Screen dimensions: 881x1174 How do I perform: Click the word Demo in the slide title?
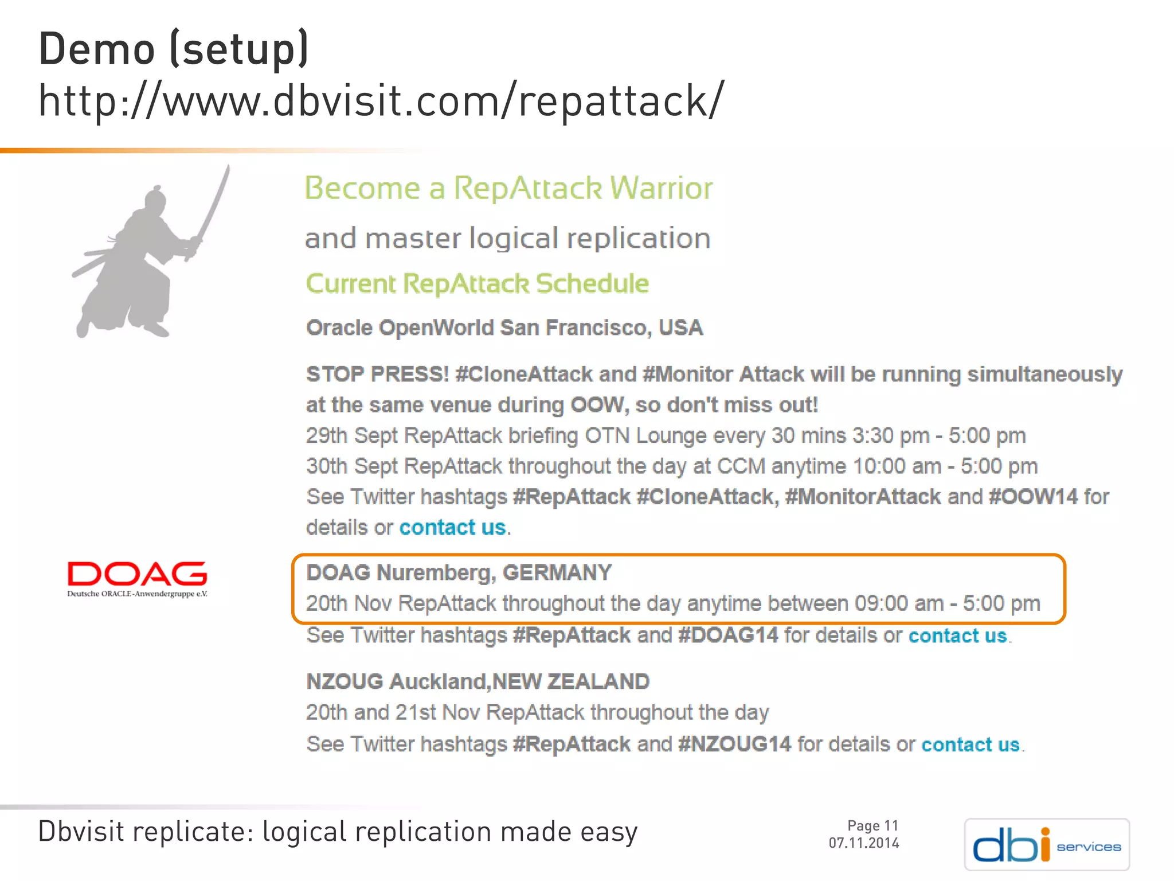[x=96, y=49]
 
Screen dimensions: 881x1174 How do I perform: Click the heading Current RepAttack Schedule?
[x=477, y=284]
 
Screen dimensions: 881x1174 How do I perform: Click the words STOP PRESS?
[x=377, y=375]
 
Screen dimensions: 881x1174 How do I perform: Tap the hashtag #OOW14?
[x=1033, y=497]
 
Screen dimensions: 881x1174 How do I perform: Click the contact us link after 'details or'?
[x=452, y=528]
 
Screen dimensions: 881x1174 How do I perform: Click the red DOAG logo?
[x=137, y=578]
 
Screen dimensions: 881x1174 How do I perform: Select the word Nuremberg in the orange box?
[x=436, y=573]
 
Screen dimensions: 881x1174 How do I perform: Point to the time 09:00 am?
[x=898, y=603]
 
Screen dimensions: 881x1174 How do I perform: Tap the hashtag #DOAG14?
[x=728, y=636]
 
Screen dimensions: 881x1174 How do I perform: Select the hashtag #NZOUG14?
[x=734, y=744]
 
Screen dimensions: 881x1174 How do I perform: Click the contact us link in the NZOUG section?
[x=970, y=744]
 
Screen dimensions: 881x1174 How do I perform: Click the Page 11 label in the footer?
[x=872, y=825]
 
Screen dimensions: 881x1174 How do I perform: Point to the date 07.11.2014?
[x=864, y=843]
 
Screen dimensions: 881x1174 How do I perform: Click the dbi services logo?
[x=1047, y=844]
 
